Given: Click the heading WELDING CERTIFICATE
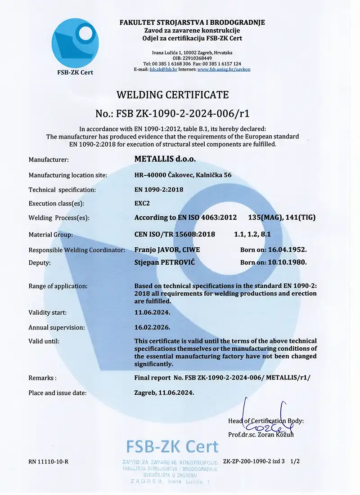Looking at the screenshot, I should pyautogui.click(x=173, y=95).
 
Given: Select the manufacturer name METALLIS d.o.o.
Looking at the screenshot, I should pyautogui.click(x=165, y=159).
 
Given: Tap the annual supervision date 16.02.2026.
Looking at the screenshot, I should pyautogui.click(x=153, y=328).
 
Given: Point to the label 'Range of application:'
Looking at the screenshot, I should pyautogui.click(x=58, y=286).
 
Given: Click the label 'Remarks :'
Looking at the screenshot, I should pyautogui.click(x=43, y=378).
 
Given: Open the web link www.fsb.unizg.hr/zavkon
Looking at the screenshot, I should pyautogui.click(x=224, y=69).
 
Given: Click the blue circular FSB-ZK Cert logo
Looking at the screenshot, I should pyautogui.click(x=75, y=43).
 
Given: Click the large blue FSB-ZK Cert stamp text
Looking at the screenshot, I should pyautogui.click(x=172, y=446).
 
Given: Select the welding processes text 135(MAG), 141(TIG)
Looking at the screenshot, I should pyautogui.click(x=282, y=218).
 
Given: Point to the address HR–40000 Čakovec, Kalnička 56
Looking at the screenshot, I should pyautogui.click(x=183, y=175).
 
